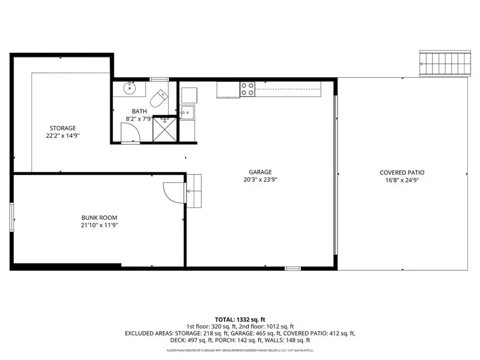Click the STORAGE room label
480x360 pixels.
(x=63, y=128)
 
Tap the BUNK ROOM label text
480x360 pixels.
(x=99, y=218)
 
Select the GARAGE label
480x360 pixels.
(x=260, y=172)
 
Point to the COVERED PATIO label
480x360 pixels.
(x=402, y=172)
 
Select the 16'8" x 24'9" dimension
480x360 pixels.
(x=402, y=180)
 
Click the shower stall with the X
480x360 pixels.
(x=165, y=129)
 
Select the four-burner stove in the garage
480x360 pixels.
(x=247, y=89)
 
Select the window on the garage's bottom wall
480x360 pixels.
(x=293, y=268)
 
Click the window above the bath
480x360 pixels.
(x=159, y=79)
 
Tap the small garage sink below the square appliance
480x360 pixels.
(x=187, y=113)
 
